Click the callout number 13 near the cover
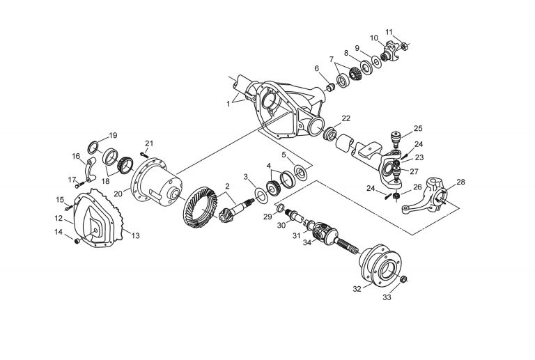tap(135, 236)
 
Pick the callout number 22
tap(346, 118)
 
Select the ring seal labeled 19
tap(92, 146)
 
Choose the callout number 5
tap(284, 154)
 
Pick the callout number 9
tap(356, 48)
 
